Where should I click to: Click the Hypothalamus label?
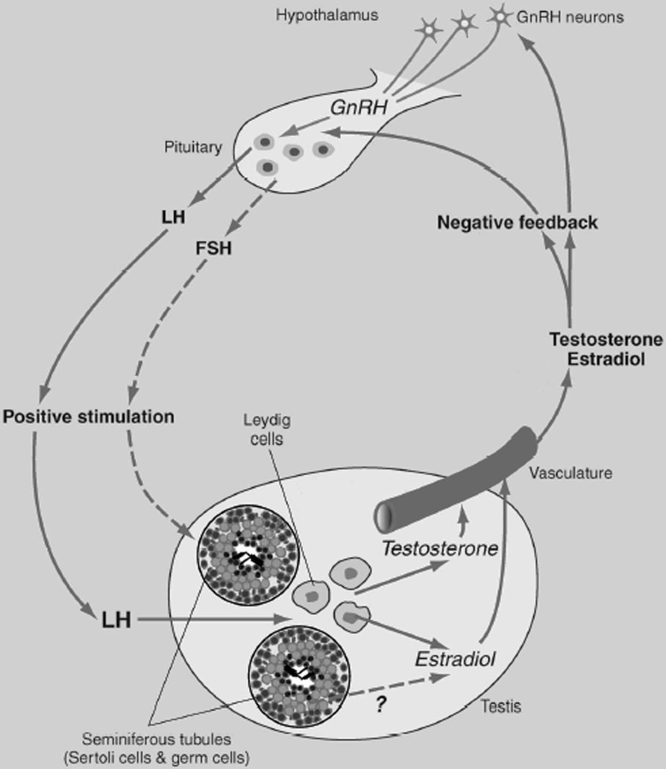pyautogui.click(x=327, y=14)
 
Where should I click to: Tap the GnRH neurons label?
pyautogui.click(x=570, y=17)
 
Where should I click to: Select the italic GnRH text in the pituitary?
pyautogui.click(x=358, y=108)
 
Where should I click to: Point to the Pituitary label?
pyautogui.click(x=193, y=147)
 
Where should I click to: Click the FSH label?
pyautogui.click(x=214, y=248)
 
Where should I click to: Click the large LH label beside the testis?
pyautogui.click(x=116, y=620)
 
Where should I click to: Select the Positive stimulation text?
pyautogui.click(x=88, y=416)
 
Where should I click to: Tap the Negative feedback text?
pyautogui.click(x=517, y=222)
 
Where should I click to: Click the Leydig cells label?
pyautogui.click(x=267, y=430)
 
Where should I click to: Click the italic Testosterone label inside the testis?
pyautogui.click(x=440, y=548)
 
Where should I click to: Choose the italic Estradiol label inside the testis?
pyautogui.click(x=455, y=659)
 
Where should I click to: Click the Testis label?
pyautogui.click(x=501, y=707)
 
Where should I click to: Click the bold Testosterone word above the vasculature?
pyautogui.click(x=606, y=339)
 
